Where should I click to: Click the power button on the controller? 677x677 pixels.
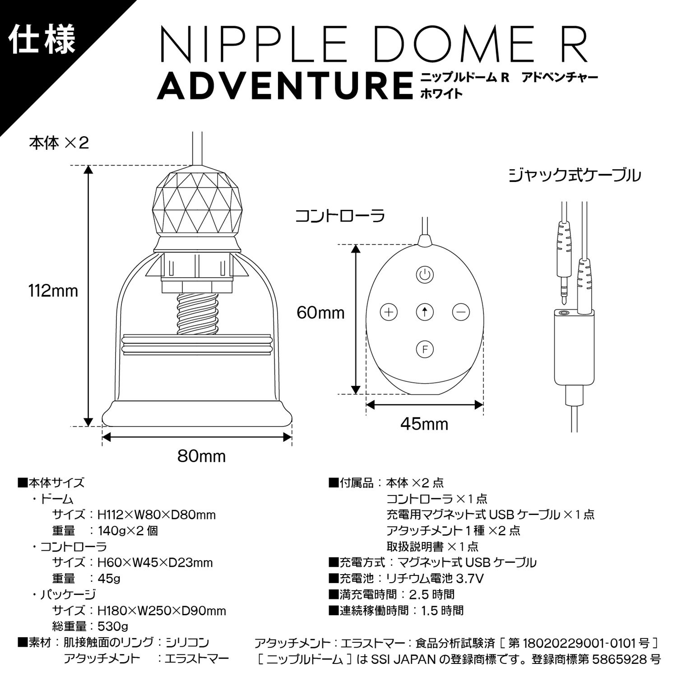pos(424,274)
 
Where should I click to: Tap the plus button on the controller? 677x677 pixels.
pos(389,312)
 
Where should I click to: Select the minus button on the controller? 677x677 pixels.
pos(461,312)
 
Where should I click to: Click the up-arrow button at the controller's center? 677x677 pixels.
pos(424,312)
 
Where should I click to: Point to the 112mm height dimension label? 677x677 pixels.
pos(53,291)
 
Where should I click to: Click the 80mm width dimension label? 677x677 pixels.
pos(201,456)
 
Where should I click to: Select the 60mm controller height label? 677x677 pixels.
pos(320,313)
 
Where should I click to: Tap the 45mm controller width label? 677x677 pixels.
pos(424,424)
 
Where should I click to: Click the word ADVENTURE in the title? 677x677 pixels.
pos(285,86)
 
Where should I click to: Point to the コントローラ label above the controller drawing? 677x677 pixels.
pos(340,216)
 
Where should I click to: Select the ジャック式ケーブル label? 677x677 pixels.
pos(575,175)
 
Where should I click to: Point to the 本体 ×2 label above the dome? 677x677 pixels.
pos(59,143)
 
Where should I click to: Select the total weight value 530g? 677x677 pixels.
pos(113,626)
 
